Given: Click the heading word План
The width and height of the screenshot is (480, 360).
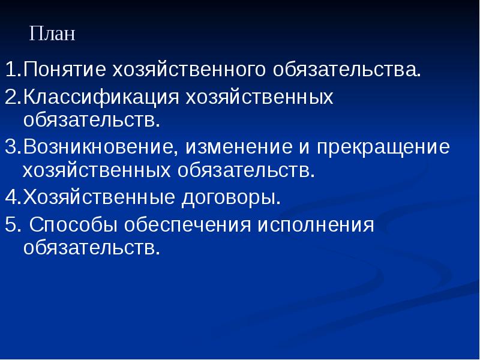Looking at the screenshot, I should click(52, 33).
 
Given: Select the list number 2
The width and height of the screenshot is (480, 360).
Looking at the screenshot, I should click(11, 97).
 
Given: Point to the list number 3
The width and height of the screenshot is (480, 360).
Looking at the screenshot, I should click(11, 148).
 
